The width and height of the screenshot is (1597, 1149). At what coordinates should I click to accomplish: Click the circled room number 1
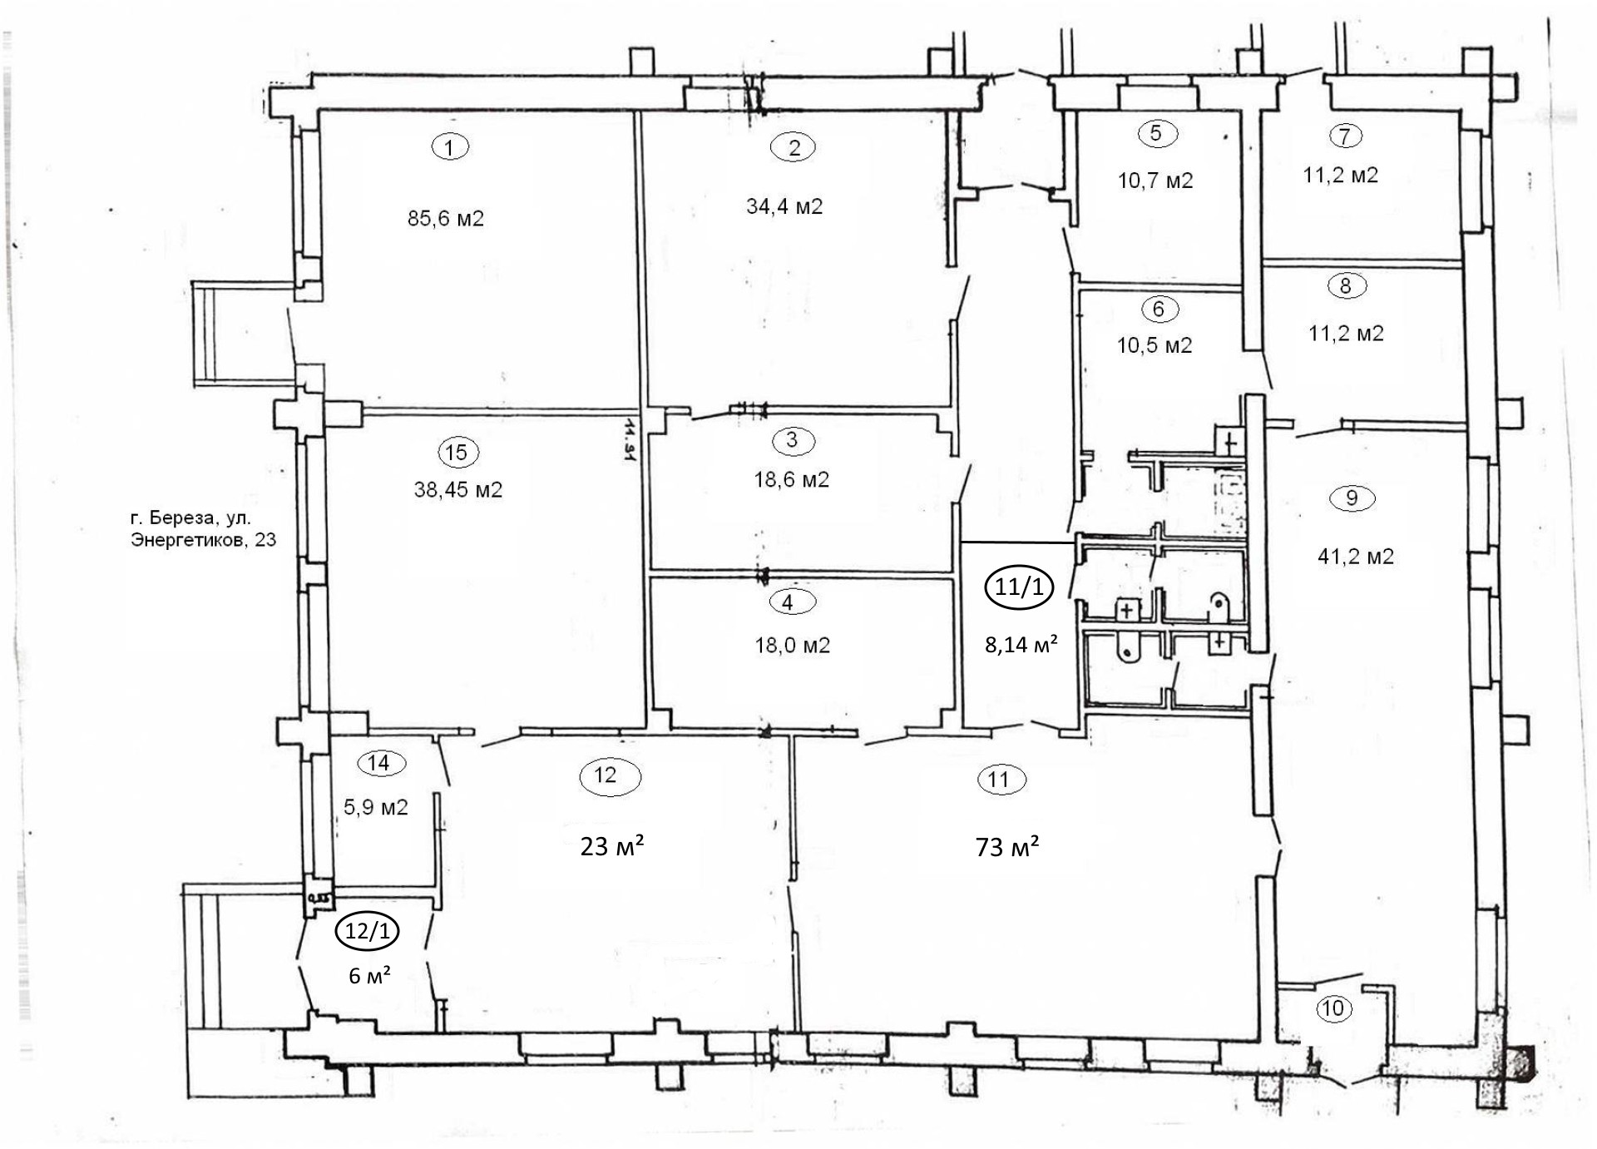pyautogui.click(x=450, y=147)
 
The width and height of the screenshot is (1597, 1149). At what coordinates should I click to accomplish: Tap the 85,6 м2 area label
pyautogui.click(x=446, y=219)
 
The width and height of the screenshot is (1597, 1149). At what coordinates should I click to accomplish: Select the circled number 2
pyautogui.click(x=794, y=147)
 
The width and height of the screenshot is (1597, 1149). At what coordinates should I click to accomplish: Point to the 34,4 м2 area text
pyautogui.click(x=784, y=206)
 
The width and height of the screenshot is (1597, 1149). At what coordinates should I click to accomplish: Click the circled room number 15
pyautogui.click(x=457, y=453)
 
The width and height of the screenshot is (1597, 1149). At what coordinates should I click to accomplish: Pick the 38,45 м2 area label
pyautogui.click(x=458, y=489)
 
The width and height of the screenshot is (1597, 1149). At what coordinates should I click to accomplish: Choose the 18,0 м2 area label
pyautogui.click(x=792, y=645)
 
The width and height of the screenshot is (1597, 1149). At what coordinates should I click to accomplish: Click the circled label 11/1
pyautogui.click(x=1019, y=587)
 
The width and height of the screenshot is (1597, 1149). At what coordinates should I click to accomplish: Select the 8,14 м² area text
pyautogui.click(x=1021, y=643)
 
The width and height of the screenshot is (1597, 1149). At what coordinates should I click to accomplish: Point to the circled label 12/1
pyautogui.click(x=367, y=932)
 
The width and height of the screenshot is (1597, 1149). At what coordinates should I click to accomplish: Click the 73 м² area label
pyautogui.click(x=1007, y=847)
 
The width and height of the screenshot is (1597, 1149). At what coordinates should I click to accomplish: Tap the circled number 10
pyautogui.click(x=1332, y=1009)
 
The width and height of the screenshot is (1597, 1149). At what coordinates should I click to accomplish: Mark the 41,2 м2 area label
pyautogui.click(x=1356, y=556)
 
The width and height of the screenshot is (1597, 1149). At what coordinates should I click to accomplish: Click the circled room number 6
pyautogui.click(x=1159, y=309)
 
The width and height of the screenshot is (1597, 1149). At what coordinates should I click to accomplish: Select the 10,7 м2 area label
pyautogui.click(x=1155, y=181)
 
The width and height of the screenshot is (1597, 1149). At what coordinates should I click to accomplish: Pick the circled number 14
pyautogui.click(x=378, y=763)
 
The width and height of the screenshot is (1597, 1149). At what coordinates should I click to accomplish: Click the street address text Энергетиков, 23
pyautogui.click(x=203, y=540)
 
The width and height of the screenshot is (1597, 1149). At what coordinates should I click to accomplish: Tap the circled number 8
pyautogui.click(x=1346, y=286)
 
